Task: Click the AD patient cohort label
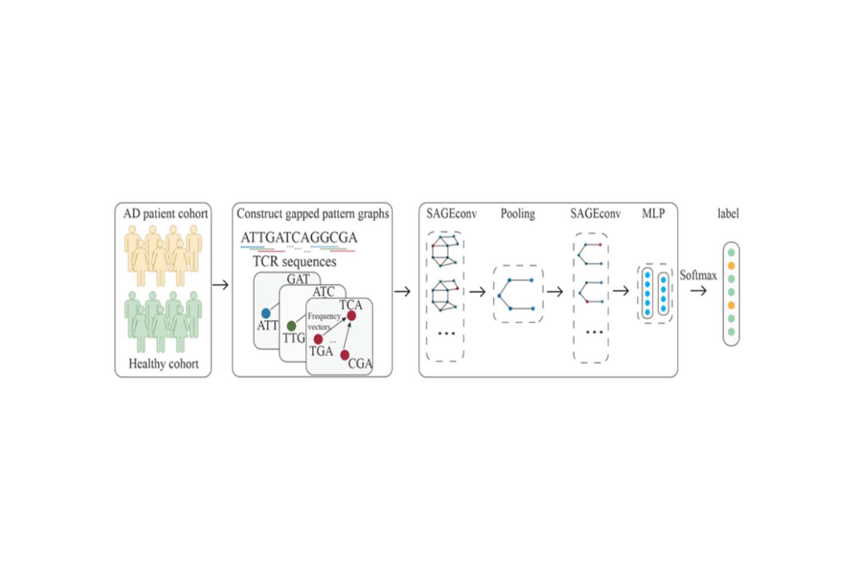(x=166, y=214)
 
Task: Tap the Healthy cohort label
(x=163, y=364)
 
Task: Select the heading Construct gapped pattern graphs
(x=313, y=214)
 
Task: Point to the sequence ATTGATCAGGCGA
(x=299, y=237)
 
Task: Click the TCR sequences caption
(x=294, y=262)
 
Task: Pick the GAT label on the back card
(x=298, y=279)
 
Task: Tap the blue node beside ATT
(x=265, y=313)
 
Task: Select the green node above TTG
(x=291, y=327)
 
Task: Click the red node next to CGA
(x=344, y=355)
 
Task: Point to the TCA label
(x=351, y=305)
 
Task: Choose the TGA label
(x=321, y=351)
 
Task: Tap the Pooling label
(x=517, y=214)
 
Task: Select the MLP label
(x=653, y=214)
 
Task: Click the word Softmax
(x=698, y=275)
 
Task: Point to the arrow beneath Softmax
(x=698, y=291)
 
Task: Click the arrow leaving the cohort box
(x=221, y=285)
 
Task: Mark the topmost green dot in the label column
(x=731, y=253)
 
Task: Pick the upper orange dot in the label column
(x=731, y=266)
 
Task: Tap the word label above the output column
(x=728, y=214)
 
